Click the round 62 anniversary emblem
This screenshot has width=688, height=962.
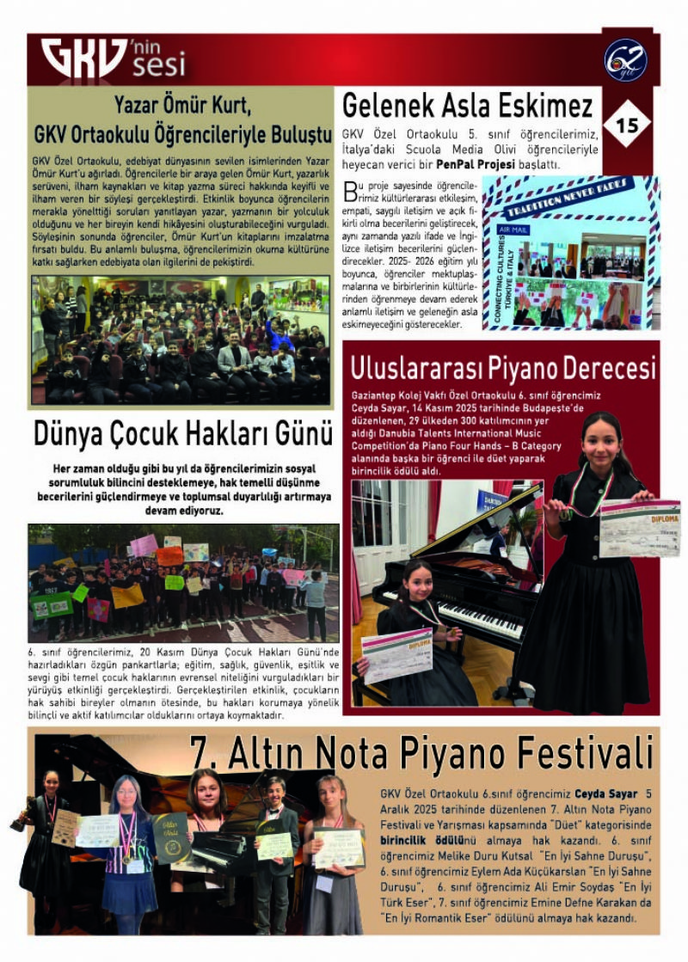[x=626, y=60]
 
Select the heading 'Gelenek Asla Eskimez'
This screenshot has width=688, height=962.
[x=468, y=106]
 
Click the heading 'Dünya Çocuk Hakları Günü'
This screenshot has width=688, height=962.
[x=183, y=433]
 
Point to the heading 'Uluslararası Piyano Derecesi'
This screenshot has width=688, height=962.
[x=503, y=367]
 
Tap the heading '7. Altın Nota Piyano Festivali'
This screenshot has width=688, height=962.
[x=421, y=754]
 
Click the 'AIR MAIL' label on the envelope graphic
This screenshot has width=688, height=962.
[x=513, y=230]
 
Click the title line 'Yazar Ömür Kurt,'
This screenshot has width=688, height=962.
[x=182, y=107]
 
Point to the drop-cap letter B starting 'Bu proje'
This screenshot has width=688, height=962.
[x=348, y=190]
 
